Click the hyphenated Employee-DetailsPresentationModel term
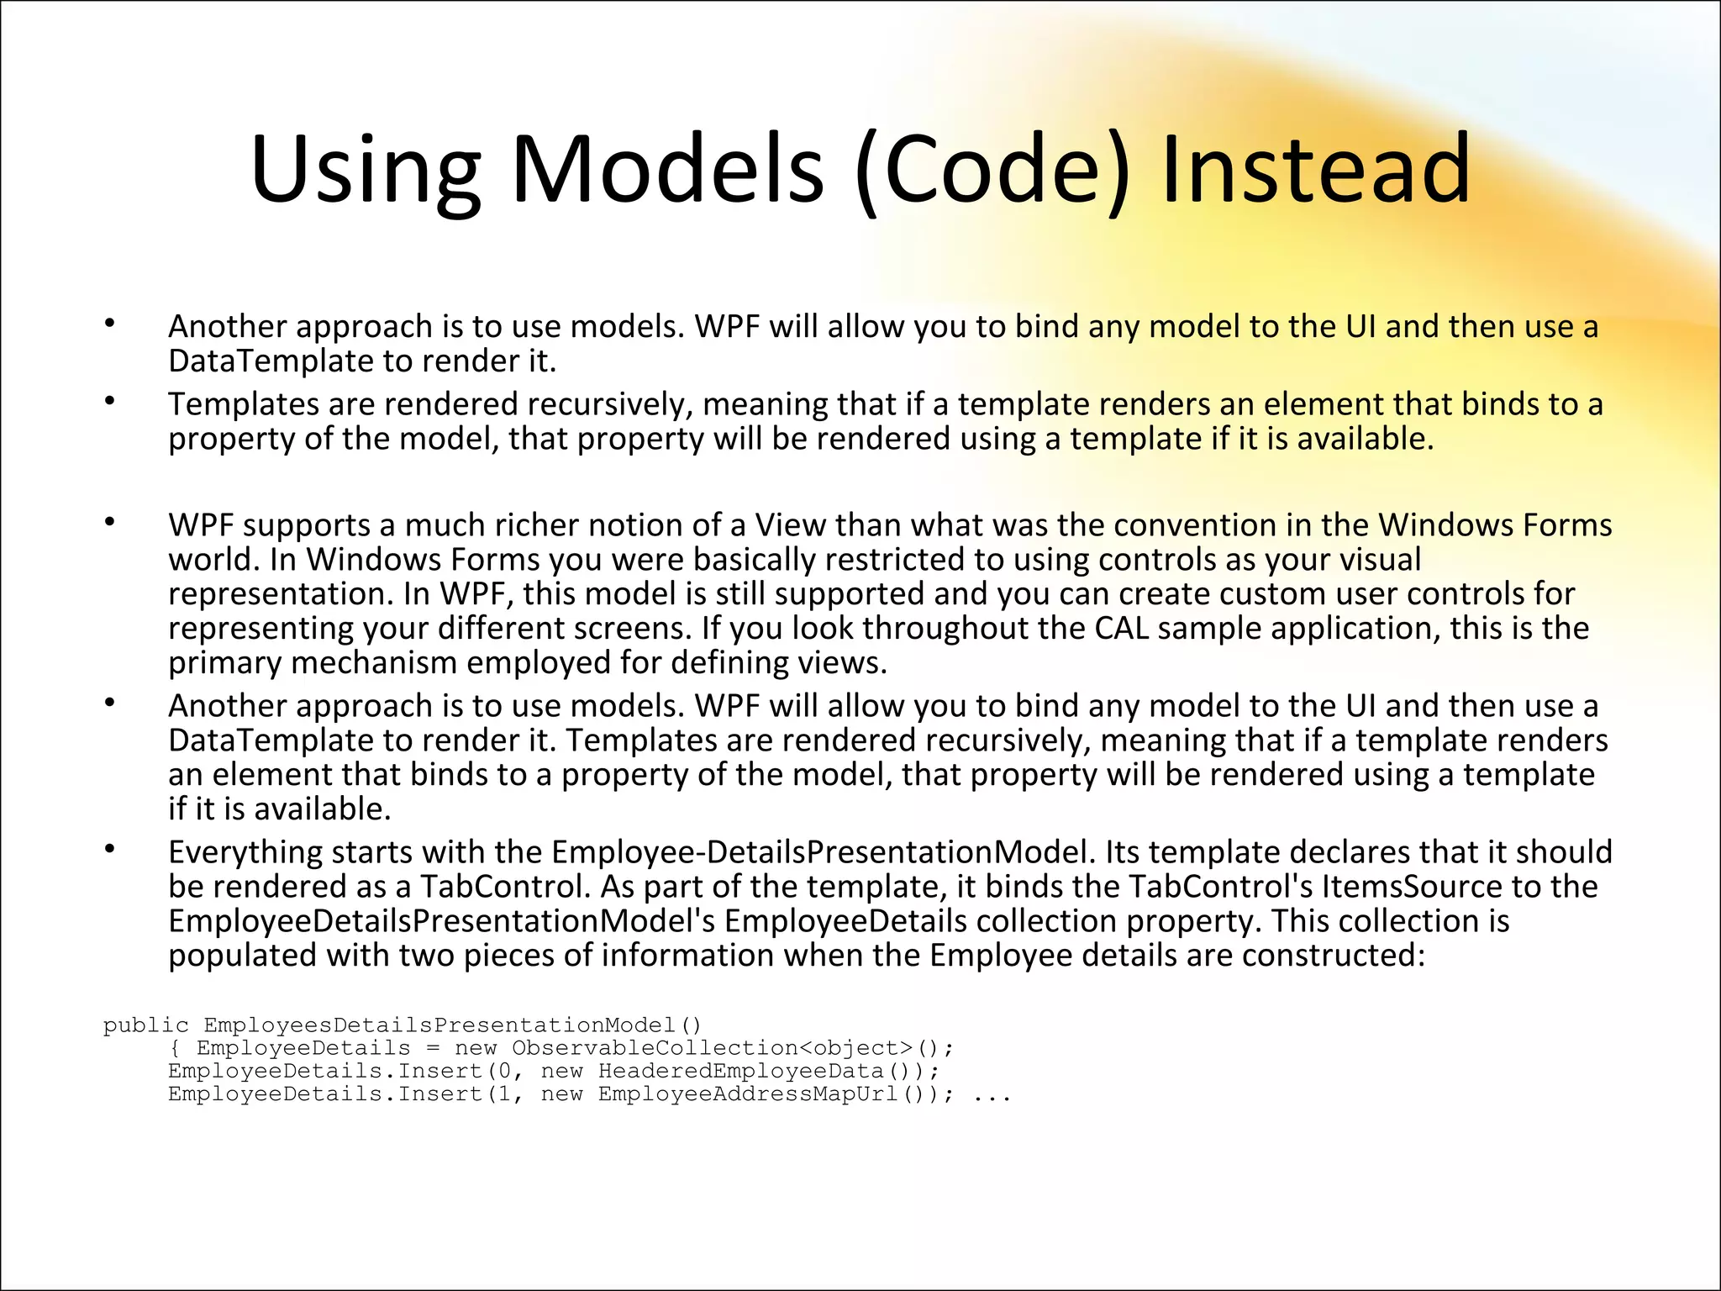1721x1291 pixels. pos(819,852)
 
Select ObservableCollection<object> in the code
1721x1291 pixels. pos(713,1048)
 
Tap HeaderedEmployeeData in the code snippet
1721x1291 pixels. pos(740,1071)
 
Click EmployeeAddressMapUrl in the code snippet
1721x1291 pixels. pos(749,1094)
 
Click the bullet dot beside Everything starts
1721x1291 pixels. pos(109,850)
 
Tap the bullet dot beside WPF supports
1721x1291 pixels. pos(109,523)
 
